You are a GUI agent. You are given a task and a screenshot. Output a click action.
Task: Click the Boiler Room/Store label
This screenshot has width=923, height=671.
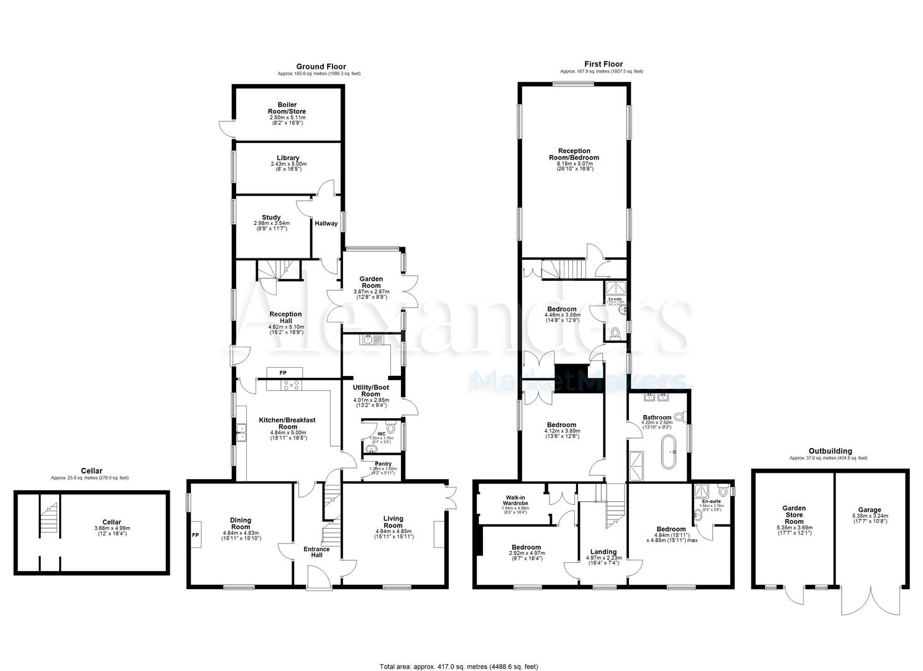point(287,108)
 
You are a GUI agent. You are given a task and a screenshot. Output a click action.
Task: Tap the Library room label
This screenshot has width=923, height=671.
point(288,158)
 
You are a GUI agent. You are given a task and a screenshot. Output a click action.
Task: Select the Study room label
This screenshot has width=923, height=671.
point(271,217)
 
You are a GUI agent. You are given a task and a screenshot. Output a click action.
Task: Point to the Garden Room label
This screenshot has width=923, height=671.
point(372,280)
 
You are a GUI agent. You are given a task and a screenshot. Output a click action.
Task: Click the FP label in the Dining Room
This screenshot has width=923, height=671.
point(195,534)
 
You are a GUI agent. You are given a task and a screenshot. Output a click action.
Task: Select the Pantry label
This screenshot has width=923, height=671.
point(383,463)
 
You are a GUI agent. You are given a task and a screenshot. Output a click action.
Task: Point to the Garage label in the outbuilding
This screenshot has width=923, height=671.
point(870,510)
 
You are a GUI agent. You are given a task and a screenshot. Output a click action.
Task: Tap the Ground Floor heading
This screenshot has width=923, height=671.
point(321,66)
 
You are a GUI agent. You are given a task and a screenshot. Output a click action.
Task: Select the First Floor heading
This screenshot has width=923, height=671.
point(603,64)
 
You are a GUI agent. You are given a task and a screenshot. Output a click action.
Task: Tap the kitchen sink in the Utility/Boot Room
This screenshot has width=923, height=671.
point(369,339)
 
